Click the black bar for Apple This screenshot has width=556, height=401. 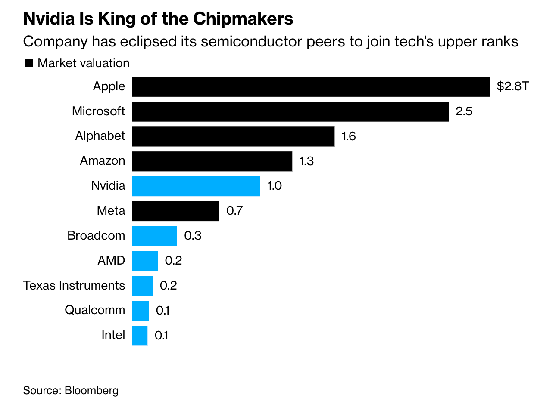[310, 86]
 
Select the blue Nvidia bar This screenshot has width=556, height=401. [196, 186]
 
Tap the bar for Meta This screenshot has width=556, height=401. [175, 211]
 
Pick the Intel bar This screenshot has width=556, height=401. [140, 336]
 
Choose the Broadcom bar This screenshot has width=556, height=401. [154, 236]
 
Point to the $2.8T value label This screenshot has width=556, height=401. [512, 86]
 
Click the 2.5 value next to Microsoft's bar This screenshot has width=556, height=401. [464, 111]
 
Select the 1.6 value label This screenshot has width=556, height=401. [348, 136]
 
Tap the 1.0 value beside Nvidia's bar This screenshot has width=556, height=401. [274, 186]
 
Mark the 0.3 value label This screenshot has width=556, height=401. [193, 236]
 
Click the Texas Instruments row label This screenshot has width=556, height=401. [74, 285]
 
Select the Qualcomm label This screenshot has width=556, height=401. [95, 310]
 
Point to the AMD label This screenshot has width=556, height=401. [111, 260]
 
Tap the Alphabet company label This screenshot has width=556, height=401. [100, 136]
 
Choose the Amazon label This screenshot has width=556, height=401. [103, 161]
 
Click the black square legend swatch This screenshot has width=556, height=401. [29, 63]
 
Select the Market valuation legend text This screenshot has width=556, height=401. [84, 63]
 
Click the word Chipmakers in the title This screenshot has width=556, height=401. [243, 19]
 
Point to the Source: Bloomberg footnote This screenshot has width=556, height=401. [71, 390]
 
